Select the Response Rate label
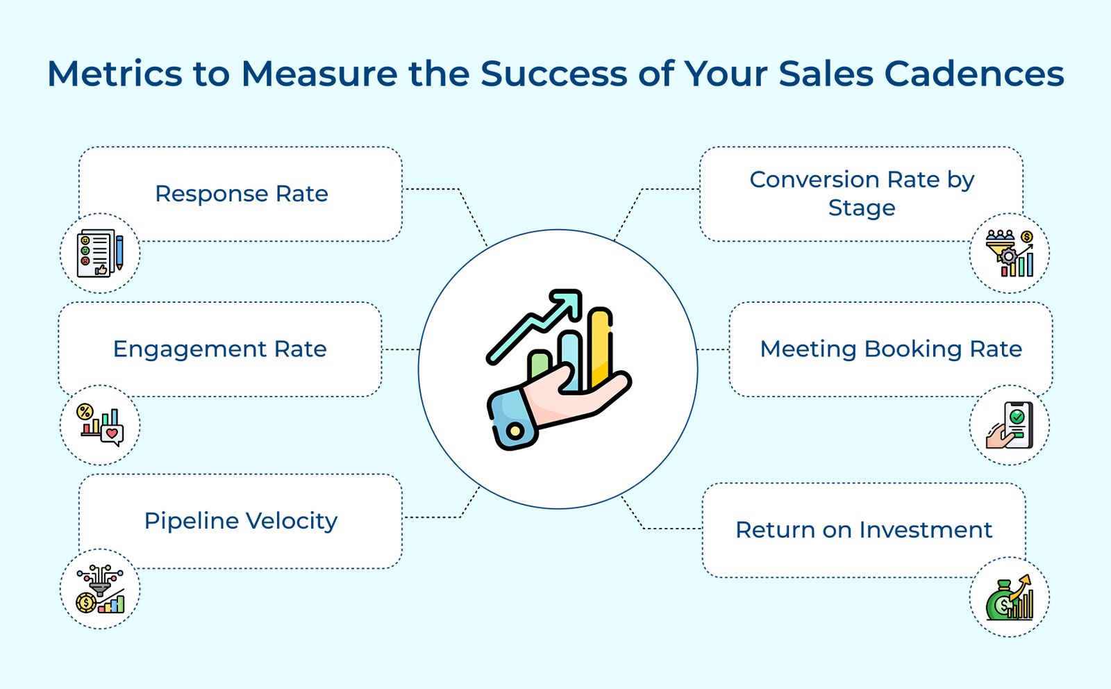(241, 194)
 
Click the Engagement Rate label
(219, 349)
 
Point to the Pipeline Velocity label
(240, 521)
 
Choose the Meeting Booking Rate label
(891, 349)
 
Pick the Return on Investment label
(863, 530)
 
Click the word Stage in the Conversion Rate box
(862, 208)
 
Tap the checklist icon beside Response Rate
(100, 253)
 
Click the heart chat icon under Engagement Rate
(101, 425)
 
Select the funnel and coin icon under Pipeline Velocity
(100, 589)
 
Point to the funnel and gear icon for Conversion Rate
(1010, 254)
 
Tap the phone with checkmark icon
(1010, 425)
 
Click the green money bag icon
(1009, 597)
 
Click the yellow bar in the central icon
(600, 347)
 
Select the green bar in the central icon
(540, 365)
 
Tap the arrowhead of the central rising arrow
(566, 303)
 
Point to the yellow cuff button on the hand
(515, 431)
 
